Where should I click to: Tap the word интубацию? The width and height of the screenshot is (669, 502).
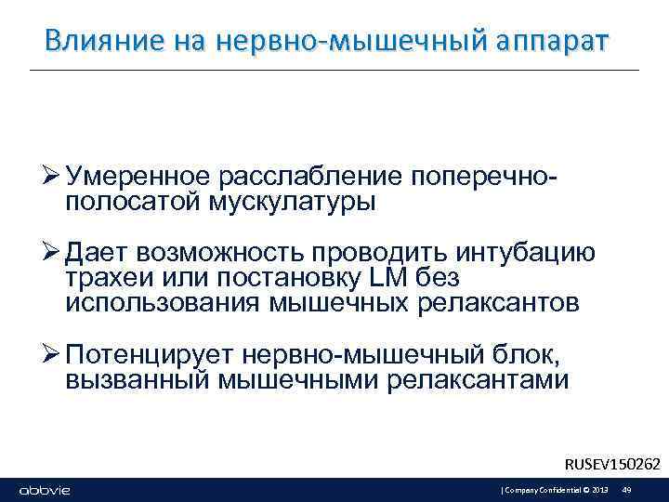click(x=528, y=252)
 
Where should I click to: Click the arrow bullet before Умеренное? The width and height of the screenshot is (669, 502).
click(x=51, y=178)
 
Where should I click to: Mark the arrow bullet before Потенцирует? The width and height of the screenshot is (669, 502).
click(x=51, y=354)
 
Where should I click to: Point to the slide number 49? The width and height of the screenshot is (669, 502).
click(x=626, y=490)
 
